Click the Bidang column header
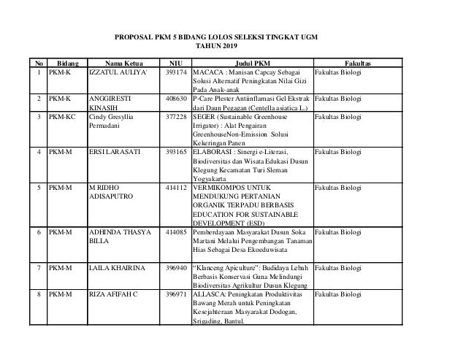coord(67,64)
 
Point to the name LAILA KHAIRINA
coord(116,269)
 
